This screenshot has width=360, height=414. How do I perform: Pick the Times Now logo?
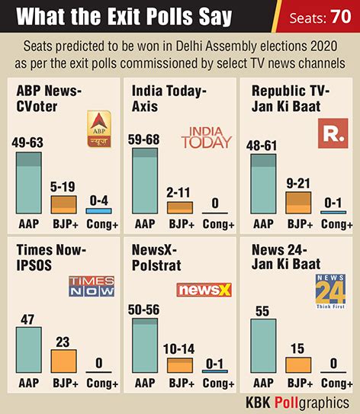click(x=92, y=286)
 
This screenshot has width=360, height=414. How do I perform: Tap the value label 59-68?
click(x=146, y=140)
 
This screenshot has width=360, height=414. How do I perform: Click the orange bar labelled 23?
click(x=63, y=360)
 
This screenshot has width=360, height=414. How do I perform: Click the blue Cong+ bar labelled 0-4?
click(x=98, y=210)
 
